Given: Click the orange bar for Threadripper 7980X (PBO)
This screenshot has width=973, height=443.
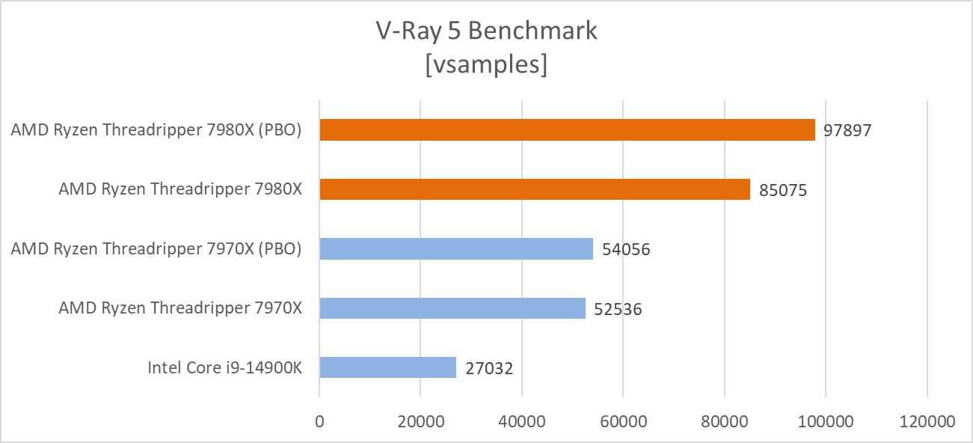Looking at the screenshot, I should pos(567,129).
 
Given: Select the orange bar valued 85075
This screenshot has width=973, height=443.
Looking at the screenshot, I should pos(535,189).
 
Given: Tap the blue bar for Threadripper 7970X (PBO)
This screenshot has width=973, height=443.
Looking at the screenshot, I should pos(456,248).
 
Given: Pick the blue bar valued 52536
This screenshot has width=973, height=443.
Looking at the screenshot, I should pos(452,308).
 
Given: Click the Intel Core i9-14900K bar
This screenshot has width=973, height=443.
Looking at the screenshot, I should pos(387,367).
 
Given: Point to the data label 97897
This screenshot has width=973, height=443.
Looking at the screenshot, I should pos(848,130).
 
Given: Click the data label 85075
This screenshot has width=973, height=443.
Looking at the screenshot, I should pos(783,190).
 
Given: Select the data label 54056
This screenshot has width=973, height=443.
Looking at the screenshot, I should pos(626,249).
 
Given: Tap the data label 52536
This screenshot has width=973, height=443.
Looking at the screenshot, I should pos(618,309).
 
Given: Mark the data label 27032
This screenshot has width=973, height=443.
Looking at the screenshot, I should pos(489,368).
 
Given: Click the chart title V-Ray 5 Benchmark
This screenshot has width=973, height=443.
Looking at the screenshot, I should pos(486,31).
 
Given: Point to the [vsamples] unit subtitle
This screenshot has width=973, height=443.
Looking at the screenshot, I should pos(486,64).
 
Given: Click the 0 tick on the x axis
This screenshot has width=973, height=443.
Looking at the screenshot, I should pos(320,421).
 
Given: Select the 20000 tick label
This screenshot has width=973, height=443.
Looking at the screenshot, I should pos(420,421).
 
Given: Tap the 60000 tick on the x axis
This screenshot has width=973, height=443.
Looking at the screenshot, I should pos(623,421).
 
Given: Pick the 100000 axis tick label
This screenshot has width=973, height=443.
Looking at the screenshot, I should pos(826,421).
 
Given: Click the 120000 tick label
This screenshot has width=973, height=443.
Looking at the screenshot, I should pos(927,421).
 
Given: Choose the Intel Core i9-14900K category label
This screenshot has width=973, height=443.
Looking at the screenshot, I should pos(224,367).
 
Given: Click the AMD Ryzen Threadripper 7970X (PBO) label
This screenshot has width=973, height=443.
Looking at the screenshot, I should pos(156,248).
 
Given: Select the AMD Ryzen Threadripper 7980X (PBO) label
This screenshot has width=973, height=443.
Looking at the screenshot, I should pos(156,129).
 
